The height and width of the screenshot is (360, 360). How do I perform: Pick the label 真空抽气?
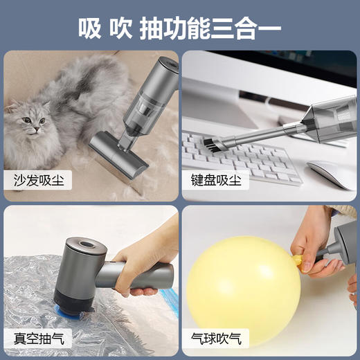click(x=40, y=339)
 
